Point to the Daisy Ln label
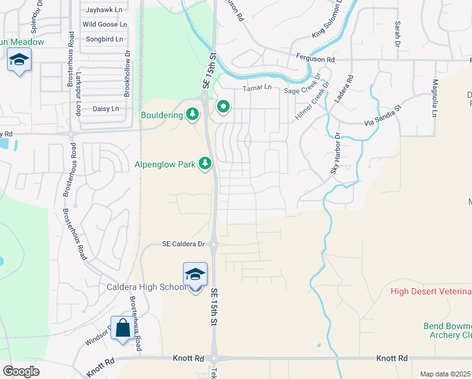pos(105,109)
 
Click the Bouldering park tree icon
pos(193,115)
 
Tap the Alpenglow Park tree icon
pos(204,164)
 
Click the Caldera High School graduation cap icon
pos(195,275)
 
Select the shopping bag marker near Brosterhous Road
pos(122,328)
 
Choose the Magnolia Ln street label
pos(435,99)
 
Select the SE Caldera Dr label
pos(184,244)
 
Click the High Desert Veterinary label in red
pos(431,291)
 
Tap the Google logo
pos(21,371)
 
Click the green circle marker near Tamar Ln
pos(222,107)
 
